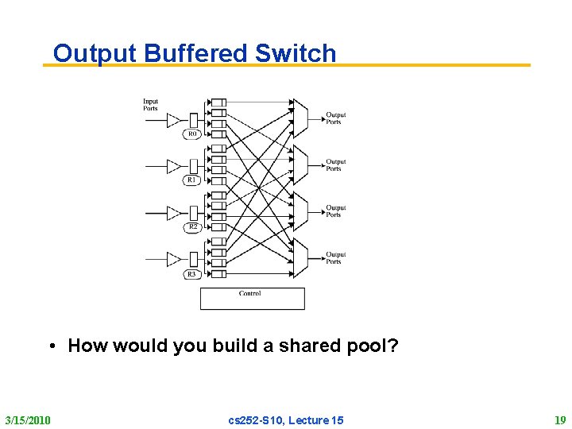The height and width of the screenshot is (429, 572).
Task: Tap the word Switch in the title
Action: [296, 53]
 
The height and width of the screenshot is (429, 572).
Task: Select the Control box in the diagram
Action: [252, 298]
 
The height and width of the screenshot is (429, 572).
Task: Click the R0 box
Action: [192, 134]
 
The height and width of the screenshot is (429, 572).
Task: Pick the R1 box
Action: [192, 180]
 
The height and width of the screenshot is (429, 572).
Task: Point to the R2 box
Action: [192, 227]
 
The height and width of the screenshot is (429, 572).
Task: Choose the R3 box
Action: [192, 274]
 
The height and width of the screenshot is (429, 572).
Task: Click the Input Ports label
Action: [150, 105]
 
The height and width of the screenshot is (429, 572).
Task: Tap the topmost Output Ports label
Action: [335, 118]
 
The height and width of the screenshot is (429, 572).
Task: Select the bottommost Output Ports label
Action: [335, 258]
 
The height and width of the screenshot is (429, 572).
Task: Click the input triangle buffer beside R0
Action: [174, 120]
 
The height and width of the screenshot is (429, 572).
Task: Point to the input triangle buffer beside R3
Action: [174, 259]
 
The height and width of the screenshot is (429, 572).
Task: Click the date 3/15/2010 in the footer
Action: [28, 419]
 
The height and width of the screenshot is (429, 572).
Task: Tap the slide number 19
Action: [559, 419]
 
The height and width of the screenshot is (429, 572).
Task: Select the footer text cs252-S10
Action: [256, 419]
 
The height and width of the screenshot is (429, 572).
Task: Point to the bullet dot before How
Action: [51, 346]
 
